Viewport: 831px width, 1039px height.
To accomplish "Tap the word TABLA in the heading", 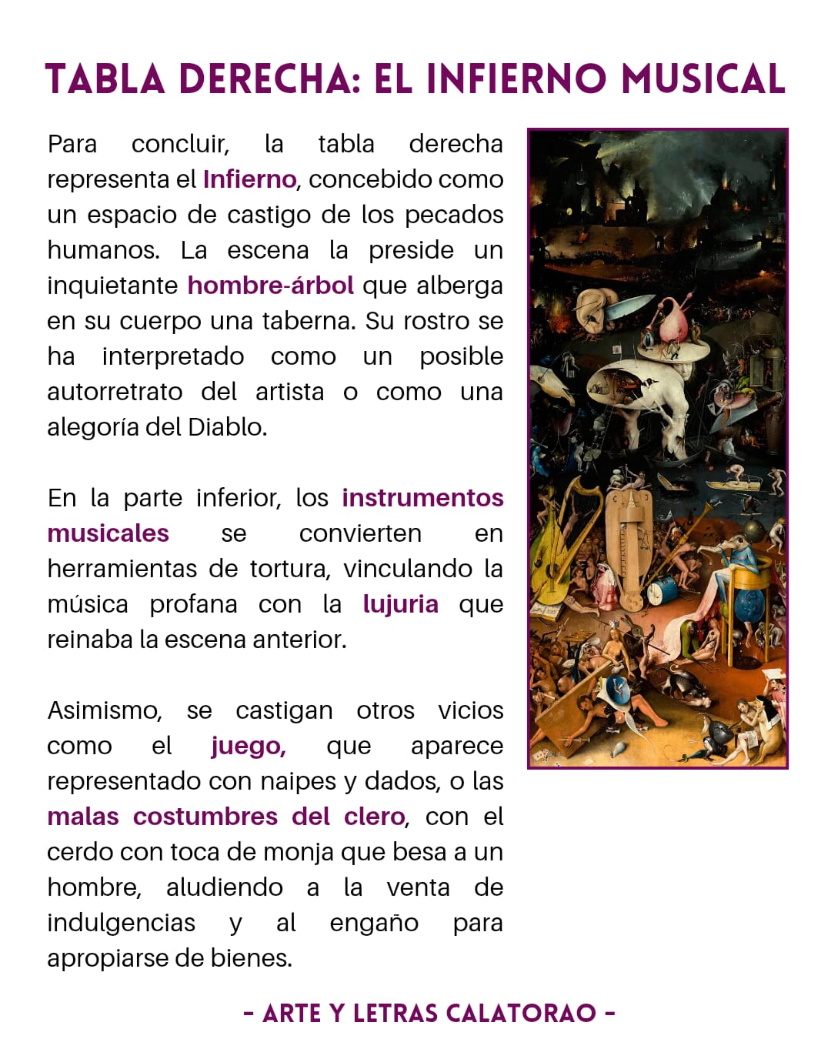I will point(105,79).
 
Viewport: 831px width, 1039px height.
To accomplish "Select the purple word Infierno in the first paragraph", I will point(249,179).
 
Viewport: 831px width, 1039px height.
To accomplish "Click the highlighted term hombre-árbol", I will point(270,286).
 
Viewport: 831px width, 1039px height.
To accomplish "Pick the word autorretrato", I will point(115,392).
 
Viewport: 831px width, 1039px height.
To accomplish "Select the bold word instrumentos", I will point(422,498).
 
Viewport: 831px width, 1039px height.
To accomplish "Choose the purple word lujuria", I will point(400,604).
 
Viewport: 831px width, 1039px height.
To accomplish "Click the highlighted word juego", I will point(248,746).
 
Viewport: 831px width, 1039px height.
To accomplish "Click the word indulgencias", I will point(121,923).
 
